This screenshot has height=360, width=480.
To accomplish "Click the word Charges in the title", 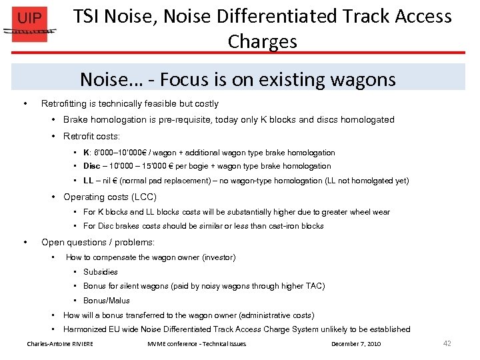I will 262,41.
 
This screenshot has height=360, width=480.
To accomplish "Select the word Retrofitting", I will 64,104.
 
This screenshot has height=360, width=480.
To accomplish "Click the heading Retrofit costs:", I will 91,136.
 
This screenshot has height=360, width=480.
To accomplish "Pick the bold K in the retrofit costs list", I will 86,153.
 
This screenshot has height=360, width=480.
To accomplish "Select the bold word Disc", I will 91,166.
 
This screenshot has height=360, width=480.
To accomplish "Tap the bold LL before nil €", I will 88,181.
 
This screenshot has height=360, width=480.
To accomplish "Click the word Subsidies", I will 100,272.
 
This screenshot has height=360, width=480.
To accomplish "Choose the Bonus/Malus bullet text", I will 106,301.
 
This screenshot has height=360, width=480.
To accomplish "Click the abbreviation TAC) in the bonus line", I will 314,286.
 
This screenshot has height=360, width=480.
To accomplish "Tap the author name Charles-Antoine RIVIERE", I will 60,344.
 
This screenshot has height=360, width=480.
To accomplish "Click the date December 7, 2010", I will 355,344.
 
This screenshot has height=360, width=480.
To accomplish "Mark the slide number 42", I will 447,343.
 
